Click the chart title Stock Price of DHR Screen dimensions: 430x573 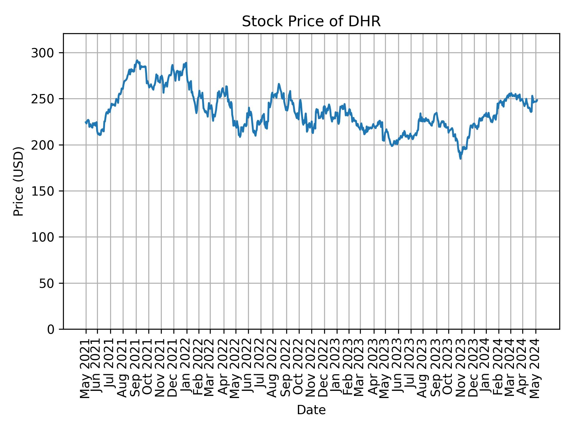click(x=311, y=22)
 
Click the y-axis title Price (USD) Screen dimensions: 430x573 click(x=19, y=181)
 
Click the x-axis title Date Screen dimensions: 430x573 click(x=311, y=410)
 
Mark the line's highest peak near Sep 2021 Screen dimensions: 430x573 click(x=137, y=60)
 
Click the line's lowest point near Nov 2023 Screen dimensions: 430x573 click(x=460, y=159)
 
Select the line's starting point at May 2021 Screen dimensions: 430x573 click(x=86, y=122)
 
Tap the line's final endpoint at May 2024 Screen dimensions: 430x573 click(x=537, y=100)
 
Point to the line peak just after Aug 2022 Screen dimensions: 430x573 click(x=279, y=84)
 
